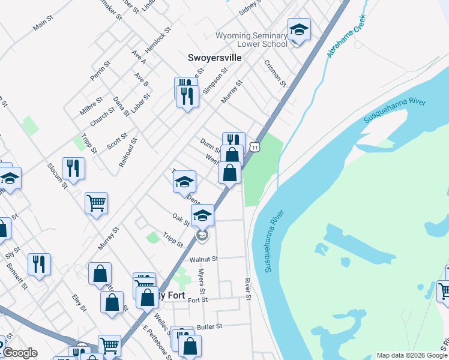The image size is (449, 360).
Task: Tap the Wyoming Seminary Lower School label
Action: pyautogui.click(x=252, y=40)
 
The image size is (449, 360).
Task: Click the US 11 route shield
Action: pyautogui.click(x=256, y=147)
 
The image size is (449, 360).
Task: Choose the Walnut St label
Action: pyautogui.click(x=202, y=259)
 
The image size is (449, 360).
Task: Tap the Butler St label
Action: pyautogui.click(x=209, y=326)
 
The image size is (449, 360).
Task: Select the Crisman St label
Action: pyautogui.click(x=276, y=73)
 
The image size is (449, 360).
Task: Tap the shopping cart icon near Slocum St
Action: pyautogui.click(x=96, y=204)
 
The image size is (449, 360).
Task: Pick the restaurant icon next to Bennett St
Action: pyautogui.click(x=39, y=263)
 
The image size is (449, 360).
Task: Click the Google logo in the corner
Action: pyautogui.click(x=19, y=353)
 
